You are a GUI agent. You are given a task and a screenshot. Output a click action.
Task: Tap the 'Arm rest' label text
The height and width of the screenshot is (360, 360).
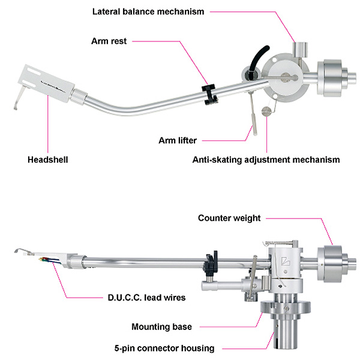click(109, 41)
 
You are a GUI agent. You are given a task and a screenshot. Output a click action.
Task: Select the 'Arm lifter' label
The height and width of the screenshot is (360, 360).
click(178, 140)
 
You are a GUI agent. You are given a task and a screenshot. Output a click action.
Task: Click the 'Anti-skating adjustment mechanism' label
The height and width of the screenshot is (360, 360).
click(266, 160)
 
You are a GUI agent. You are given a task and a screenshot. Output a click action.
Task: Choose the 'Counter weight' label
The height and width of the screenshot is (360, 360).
click(229, 218)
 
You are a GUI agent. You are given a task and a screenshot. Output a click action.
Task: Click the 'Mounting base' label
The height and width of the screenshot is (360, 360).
click(161, 327)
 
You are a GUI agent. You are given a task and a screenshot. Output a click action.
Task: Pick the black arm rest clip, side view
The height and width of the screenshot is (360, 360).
click(211, 262)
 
